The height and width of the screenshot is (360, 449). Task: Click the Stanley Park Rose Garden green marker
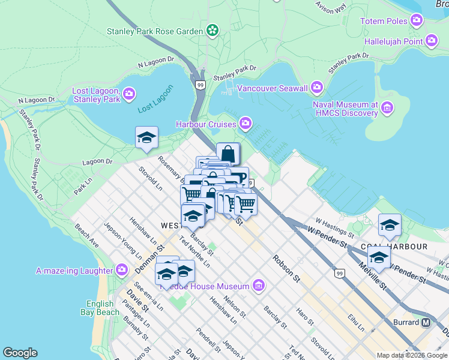(x=212, y=30)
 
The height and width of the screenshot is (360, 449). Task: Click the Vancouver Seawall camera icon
(x=318, y=88)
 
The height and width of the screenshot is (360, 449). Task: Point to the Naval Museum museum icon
(x=387, y=109)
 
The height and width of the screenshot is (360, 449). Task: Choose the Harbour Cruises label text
(x=206, y=124)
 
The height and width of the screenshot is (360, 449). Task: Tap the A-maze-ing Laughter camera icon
(x=122, y=270)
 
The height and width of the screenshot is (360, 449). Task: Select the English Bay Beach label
(x=100, y=308)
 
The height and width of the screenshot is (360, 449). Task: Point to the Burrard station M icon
(x=426, y=322)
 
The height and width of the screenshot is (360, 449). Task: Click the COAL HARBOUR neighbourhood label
(x=394, y=247)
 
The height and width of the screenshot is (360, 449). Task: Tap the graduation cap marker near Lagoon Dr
(x=146, y=137)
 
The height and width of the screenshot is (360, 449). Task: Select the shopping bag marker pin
(x=228, y=154)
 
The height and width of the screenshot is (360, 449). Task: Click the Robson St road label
(x=286, y=268)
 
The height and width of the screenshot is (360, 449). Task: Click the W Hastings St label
(x=328, y=226)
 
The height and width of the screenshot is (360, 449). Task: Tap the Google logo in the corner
(x=20, y=353)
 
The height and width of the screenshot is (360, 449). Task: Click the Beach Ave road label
(x=87, y=236)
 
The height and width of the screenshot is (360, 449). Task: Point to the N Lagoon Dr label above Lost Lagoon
(x=155, y=62)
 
